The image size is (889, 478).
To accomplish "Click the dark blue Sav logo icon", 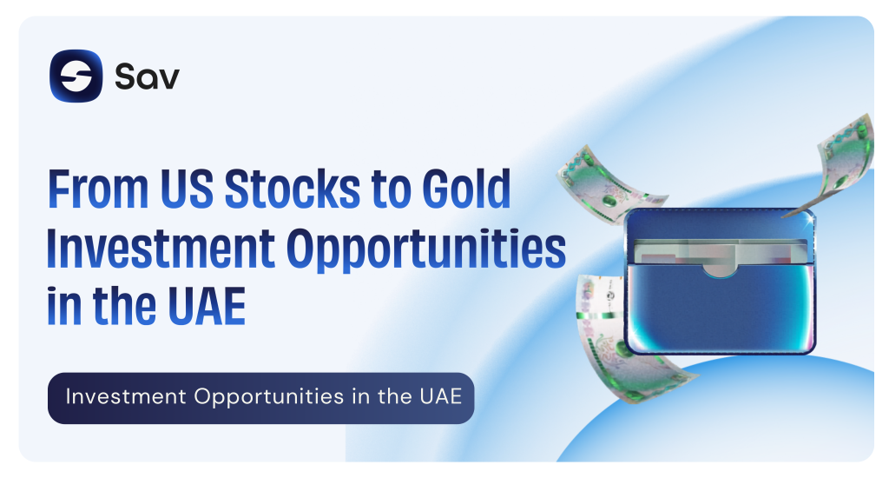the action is point(76,76).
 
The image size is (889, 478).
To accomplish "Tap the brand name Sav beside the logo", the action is point(147,76).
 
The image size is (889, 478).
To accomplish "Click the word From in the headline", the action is point(98,189).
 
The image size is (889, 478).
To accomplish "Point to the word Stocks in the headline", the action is point(293,189).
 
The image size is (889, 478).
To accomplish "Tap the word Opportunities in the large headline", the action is point(426,249).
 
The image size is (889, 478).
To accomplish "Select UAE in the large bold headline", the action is point(207,307).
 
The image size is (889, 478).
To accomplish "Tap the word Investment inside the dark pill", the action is point(126,396).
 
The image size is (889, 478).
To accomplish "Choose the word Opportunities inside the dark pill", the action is point(269,397).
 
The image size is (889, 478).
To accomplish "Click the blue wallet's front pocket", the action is point(720,309).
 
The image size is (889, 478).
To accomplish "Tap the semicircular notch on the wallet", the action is point(720,270).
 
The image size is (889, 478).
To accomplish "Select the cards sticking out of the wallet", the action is point(720,251).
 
